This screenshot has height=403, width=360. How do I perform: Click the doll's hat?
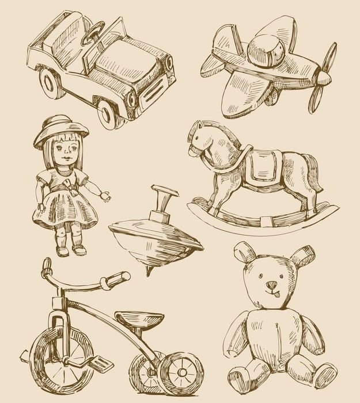pyautogui.click(x=60, y=130)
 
